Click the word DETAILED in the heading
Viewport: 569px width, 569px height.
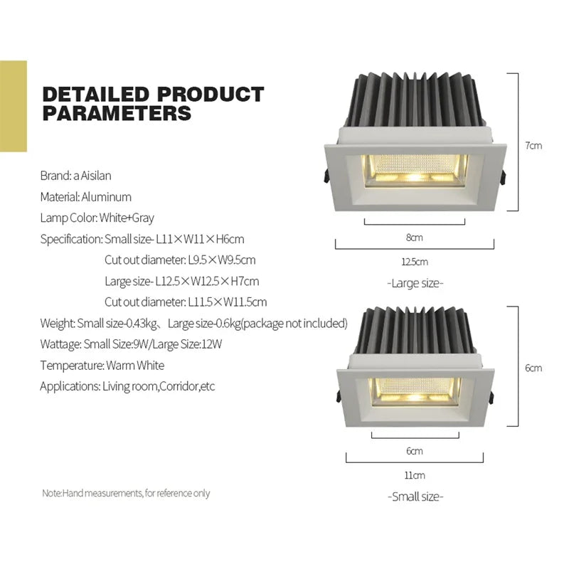tap(96, 94)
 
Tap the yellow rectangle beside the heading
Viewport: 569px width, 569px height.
tap(14, 106)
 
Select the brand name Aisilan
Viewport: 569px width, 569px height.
tap(96, 176)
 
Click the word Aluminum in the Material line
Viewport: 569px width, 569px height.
tap(106, 197)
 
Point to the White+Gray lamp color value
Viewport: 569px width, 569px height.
tap(127, 218)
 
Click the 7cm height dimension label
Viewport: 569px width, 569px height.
tap(533, 146)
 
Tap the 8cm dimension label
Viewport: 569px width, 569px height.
tap(415, 238)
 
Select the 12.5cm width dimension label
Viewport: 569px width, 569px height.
tap(415, 262)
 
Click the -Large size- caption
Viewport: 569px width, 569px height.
tap(415, 283)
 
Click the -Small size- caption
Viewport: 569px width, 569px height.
tap(415, 496)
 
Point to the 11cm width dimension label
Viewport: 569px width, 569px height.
tap(415, 475)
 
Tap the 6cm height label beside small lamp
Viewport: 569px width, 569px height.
tap(533, 368)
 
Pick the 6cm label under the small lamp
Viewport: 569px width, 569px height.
tap(415, 451)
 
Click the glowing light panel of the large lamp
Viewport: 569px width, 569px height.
tap(416, 169)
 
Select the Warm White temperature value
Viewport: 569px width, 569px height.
tap(135, 366)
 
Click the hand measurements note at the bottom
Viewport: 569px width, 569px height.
tap(126, 493)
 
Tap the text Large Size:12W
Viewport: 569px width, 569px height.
tap(187, 344)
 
